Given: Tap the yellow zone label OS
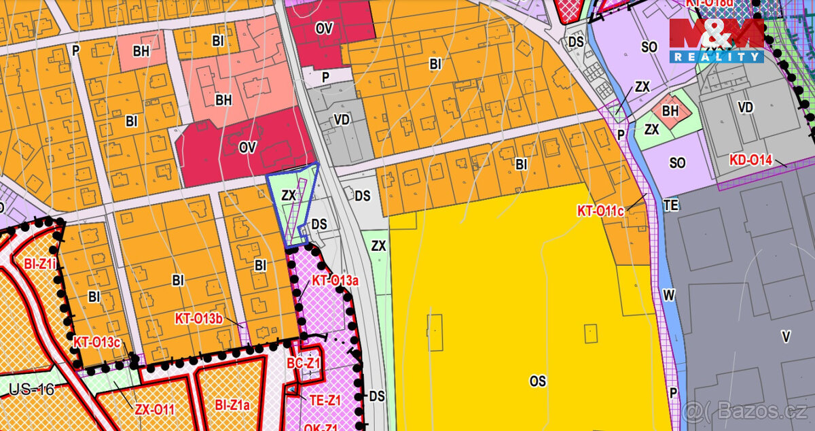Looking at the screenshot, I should [x=538, y=381].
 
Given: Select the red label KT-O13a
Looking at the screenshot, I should [x=335, y=280].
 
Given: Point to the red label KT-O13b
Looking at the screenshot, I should [x=199, y=318].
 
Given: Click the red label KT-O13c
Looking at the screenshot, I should [x=97, y=342].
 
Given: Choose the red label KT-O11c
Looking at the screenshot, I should [x=600, y=211].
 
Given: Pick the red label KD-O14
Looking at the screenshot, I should [x=751, y=160].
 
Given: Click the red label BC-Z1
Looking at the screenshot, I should [x=303, y=364].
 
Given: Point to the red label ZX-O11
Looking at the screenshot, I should [x=154, y=409].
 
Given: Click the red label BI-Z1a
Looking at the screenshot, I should [x=232, y=406].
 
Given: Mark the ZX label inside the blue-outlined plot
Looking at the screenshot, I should [x=289, y=195].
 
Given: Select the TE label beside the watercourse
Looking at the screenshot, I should [x=672, y=204].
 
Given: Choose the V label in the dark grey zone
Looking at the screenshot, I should [x=786, y=336].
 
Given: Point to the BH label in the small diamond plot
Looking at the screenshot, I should [x=670, y=110].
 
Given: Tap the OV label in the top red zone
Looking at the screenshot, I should [x=323, y=29].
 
